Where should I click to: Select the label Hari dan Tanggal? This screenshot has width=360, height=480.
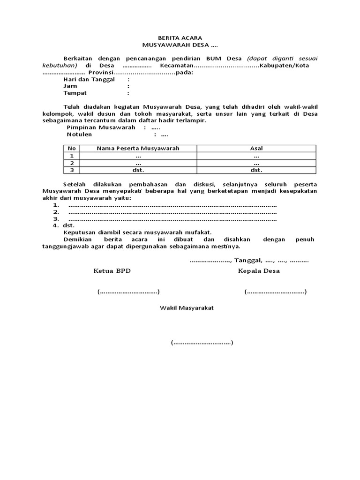tap(89, 79)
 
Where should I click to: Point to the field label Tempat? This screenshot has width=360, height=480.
tap(75, 93)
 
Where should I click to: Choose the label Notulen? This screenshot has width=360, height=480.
tap(79, 135)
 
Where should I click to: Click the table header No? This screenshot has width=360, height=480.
tap(72, 148)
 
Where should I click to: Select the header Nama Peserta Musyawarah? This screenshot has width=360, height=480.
tap(138, 148)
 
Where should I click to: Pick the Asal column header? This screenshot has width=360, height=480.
tap(256, 148)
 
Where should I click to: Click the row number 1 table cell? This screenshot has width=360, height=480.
tap(72, 156)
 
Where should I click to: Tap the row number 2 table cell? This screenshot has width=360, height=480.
tap(72, 163)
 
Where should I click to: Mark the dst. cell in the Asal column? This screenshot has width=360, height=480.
tap(256, 170)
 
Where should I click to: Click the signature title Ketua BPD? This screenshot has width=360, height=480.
tap(112, 271)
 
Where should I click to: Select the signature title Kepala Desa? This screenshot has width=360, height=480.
tap(259, 271)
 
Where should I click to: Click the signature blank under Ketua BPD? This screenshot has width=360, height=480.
tap(128, 292)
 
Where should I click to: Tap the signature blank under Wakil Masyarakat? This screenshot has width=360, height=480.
tap(202, 343)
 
